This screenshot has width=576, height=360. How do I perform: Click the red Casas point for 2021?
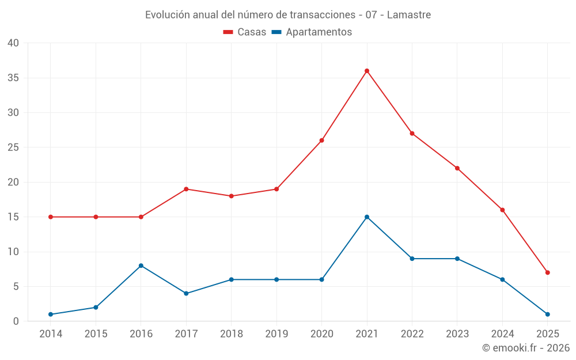coord(367,71)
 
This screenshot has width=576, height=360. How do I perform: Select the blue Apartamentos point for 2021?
coord(367,217)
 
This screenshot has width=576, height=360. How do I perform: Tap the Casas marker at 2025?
coord(547,272)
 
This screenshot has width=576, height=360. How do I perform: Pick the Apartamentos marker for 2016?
coord(141,266)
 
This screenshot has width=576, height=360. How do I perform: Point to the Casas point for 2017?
coord(186,189)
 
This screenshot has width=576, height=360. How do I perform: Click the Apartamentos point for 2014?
coord(51,314)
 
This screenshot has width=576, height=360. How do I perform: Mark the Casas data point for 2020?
coord(321,141)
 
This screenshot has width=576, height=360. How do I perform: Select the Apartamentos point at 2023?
coord(457,259)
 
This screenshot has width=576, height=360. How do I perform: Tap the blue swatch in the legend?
coord(276,32)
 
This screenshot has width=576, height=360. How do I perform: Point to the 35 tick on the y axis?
coord(13,78)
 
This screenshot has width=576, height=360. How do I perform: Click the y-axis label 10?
coord(13,252)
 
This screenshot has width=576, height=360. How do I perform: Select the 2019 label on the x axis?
coord(276,334)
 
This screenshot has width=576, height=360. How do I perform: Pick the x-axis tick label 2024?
coord(502,334)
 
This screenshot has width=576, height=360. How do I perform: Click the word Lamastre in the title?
coord(409,15)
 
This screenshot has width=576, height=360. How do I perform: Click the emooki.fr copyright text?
coord(526,348)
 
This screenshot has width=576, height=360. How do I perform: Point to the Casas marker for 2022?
coord(412,134)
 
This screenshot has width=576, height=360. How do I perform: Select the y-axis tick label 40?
coord(13,43)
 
